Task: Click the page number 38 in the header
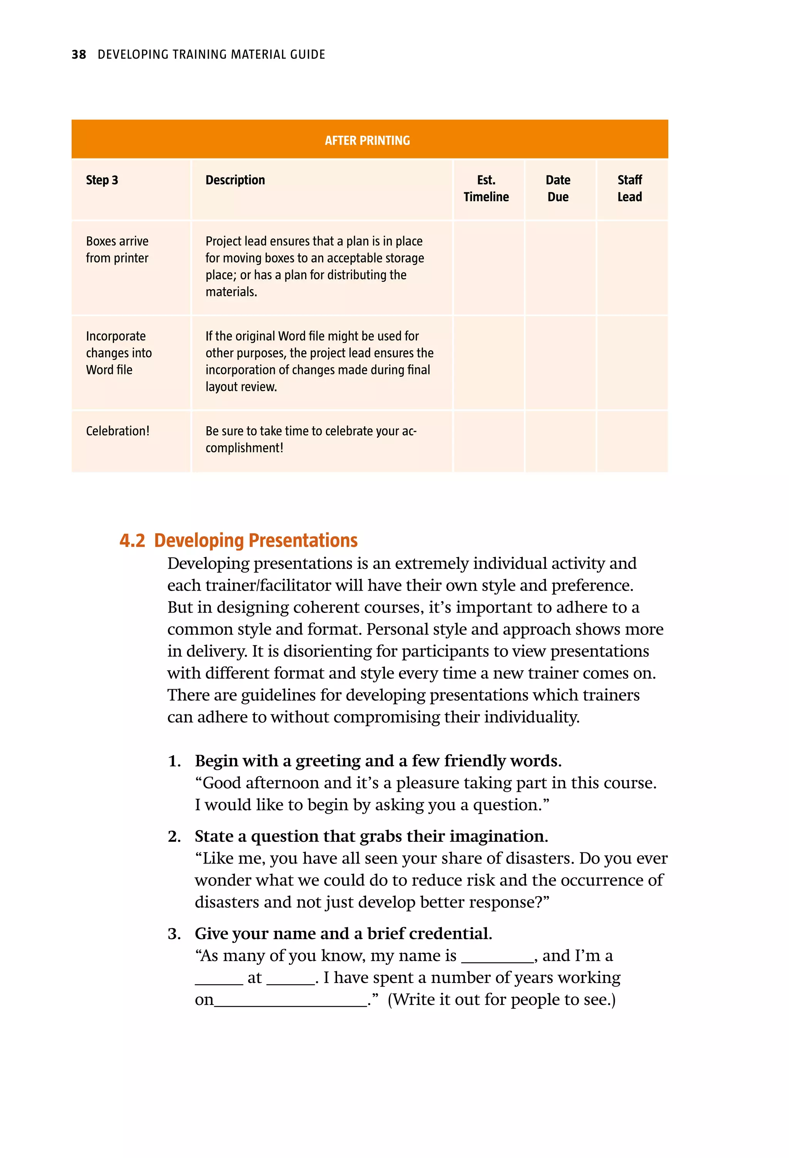pyautogui.click(x=79, y=54)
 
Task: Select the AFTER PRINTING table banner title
pyautogui.click(x=367, y=141)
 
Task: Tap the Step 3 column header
pyautogui.click(x=102, y=180)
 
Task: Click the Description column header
pyautogui.click(x=235, y=180)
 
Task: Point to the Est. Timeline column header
pyautogui.click(x=486, y=189)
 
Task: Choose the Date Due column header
pyautogui.click(x=558, y=189)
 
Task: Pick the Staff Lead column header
pyautogui.click(x=630, y=189)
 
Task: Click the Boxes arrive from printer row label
pyautogui.click(x=117, y=250)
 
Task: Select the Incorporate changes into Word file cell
pyautogui.click(x=119, y=353)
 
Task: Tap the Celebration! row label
pyautogui.click(x=118, y=431)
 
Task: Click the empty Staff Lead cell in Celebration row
pyautogui.click(x=632, y=441)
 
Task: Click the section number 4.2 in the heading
pyautogui.click(x=132, y=540)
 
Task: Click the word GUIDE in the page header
pyautogui.click(x=307, y=54)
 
